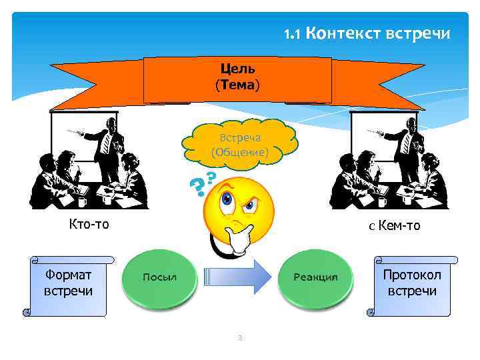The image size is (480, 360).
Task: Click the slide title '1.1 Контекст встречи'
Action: click(367, 33)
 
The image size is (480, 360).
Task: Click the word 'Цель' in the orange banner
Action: click(238, 69)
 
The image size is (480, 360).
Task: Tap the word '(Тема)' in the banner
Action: click(238, 85)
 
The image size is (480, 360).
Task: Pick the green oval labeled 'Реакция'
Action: click(316, 277)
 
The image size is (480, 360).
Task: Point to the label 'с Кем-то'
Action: click(395, 225)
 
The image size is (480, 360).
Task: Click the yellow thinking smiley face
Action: click(238, 207)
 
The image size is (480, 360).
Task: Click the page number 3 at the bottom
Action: click(240, 338)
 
